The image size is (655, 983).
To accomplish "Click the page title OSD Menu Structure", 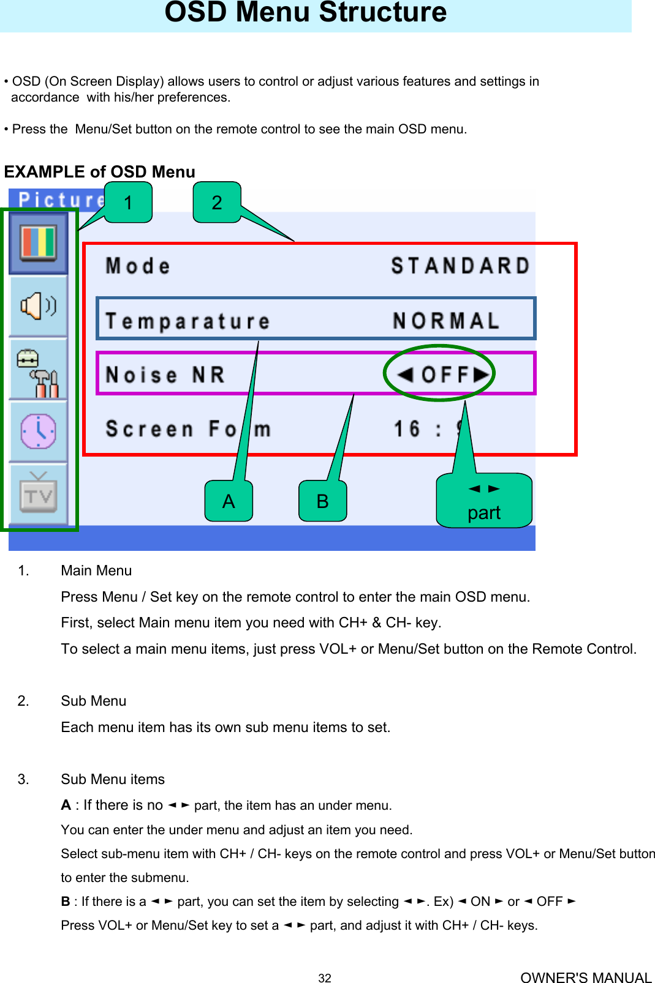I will point(306,12).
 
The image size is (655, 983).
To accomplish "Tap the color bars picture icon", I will point(39,242).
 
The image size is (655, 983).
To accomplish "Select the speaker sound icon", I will point(39,305).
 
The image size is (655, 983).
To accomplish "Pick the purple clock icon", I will point(39,432).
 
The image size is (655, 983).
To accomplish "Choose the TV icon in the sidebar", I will point(39,494).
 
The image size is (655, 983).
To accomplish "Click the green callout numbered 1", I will point(128,203).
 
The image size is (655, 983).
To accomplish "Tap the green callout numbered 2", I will point(217,203).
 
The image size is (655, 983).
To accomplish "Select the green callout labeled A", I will point(229,501).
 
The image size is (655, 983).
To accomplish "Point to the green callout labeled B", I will point(323,501).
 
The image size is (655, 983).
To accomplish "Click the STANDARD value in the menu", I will point(460,266).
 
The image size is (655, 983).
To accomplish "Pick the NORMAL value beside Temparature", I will point(446,321).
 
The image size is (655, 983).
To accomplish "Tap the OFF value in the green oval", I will point(445,374).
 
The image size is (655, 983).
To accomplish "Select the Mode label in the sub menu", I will point(138,266).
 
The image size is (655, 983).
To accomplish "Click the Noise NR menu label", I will point(165,375).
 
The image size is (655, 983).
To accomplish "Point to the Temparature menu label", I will point(187,321).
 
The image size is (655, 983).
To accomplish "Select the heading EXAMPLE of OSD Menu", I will point(100,172).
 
